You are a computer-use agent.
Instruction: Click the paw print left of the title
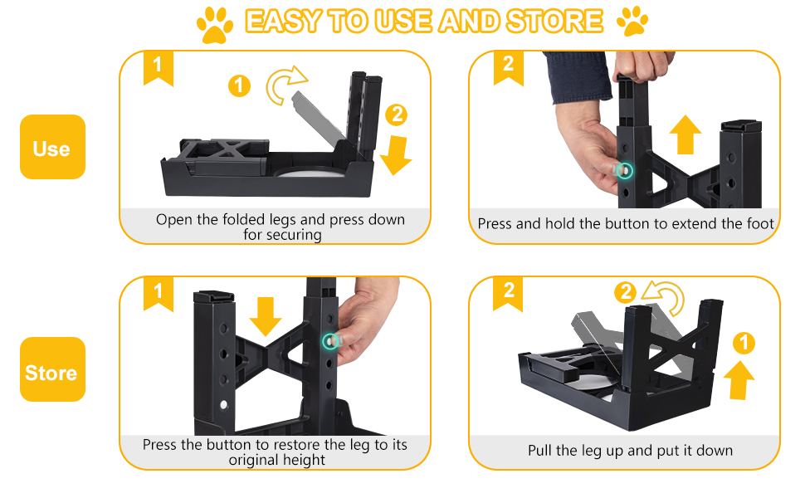[215, 25]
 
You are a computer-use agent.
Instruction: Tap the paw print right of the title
[632, 21]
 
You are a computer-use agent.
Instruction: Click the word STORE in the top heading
[554, 22]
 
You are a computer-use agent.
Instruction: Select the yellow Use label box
[52, 147]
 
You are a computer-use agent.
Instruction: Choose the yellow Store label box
[52, 369]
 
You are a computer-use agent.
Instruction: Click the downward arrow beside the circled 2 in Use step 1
[396, 154]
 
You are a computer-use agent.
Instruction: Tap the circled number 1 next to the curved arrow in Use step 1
[239, 85]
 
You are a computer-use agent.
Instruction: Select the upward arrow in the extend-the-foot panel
[685, 134]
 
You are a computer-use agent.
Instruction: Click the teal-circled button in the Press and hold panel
[624, 170]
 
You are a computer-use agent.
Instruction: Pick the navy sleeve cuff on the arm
[578, 77]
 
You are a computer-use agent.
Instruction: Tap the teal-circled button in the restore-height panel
[330, 341]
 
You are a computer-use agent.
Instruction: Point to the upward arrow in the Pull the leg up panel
[739, 380]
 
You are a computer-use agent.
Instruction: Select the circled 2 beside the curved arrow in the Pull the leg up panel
[625, 293]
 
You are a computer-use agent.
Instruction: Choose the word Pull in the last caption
[539, 450]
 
